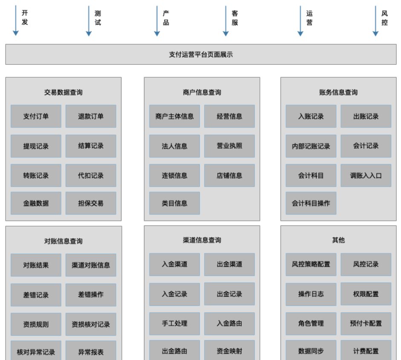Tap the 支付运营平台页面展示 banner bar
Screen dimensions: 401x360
(x=201, y=55)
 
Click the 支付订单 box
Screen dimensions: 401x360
(x=36, y=116)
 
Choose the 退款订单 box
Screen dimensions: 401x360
(x=91, y=116)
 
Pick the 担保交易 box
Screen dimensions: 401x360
(x=91, y=203)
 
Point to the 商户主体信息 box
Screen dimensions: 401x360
(x=174, y=116)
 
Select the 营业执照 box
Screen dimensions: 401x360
(x=229, y=146)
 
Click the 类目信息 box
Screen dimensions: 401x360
(x=174, y=203)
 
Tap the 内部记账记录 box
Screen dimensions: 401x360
(x=311, y=146)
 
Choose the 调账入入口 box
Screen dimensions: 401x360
(x=366, y=175)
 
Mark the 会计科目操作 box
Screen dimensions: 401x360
(x=311, y=203)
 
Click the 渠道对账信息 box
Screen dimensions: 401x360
(x=91, y=265)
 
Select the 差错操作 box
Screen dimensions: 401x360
(x=91, y=295)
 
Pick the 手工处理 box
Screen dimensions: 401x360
(x=174, y=323)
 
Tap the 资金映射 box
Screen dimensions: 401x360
(x=229, y=351)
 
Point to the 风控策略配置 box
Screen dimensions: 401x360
(x=311, y=264)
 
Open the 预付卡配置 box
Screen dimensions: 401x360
(x=366, y=323)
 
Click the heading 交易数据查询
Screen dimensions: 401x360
(x=63, y=92)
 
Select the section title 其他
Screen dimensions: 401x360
(x=338, y=240)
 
